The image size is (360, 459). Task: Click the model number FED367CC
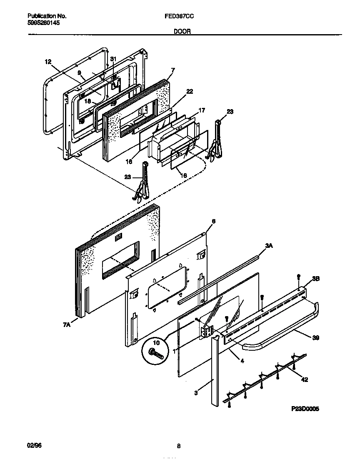pyautogui.click(x=179, y=16)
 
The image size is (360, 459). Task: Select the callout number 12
pyautogui.click(x=48, y=62)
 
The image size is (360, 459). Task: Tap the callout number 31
pyautogui.click(x=113, y=59)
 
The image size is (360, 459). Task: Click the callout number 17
pyautogui.click(x=201, y=110)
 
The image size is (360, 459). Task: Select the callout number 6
pyautogui.click(x=214, y=222)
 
